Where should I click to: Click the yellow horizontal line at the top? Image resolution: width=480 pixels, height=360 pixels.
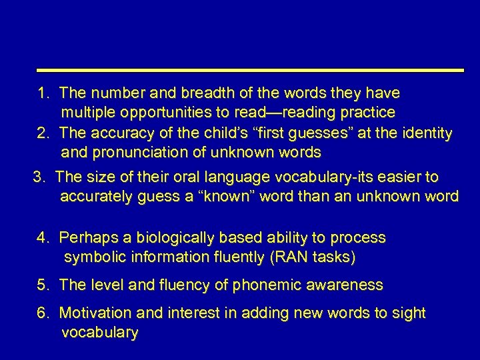[250, 69]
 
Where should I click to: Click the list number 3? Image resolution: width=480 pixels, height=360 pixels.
[39, 177]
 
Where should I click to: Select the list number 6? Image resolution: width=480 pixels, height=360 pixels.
[43, 313]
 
